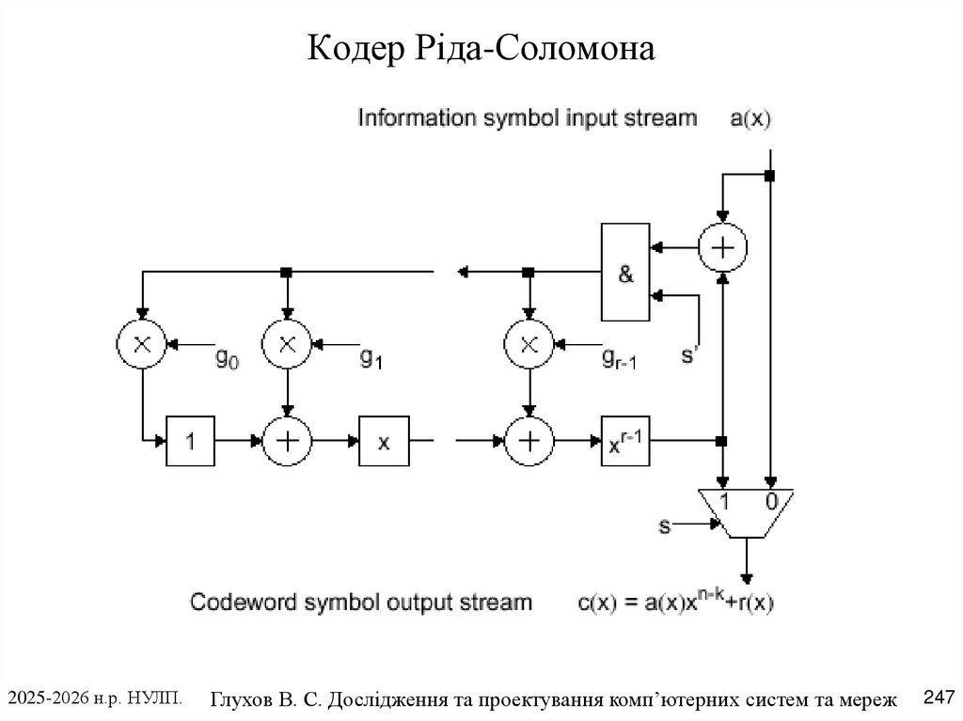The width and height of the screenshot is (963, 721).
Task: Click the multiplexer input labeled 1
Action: (724, 502)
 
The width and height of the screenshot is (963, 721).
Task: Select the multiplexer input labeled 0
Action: (772, 502)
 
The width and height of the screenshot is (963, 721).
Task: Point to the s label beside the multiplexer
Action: (665, 525)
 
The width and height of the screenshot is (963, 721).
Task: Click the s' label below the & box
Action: (689, 354)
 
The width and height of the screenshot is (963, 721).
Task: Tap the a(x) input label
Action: (750, 118)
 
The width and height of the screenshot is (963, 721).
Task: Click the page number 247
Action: (939, 697)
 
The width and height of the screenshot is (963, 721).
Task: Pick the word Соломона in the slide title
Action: (575, 48)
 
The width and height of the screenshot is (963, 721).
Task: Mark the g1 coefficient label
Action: (371, 357)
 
